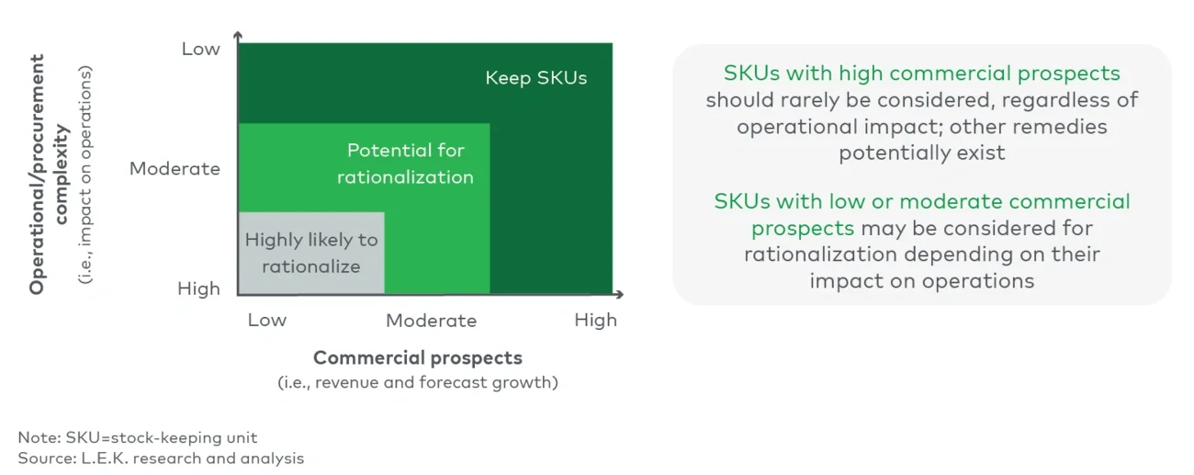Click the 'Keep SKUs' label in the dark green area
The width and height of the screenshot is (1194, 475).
click(535, 78)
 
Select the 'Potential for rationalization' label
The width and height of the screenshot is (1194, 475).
click(405, 164)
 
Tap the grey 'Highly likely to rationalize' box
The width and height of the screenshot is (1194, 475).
click(311, 253)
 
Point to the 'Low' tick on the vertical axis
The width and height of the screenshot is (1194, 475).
click(200, 49)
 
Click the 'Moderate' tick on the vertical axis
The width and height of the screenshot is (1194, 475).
click(175, 169)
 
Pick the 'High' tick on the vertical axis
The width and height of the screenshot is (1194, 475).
click(198, 288)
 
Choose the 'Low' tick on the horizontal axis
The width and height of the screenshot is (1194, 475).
click(266, 320)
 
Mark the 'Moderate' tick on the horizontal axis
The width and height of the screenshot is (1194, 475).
click(431, 321)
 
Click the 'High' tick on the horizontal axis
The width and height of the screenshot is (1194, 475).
click(595, 320)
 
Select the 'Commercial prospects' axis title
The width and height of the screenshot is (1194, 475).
click(418, 358)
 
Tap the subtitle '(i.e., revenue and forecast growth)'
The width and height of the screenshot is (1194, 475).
click(418, 382)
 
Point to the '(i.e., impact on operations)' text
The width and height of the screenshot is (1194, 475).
click(85, 175)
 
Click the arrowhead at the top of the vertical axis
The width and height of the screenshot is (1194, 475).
click(238, 35)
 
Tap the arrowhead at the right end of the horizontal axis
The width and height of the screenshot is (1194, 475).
click(620, 295)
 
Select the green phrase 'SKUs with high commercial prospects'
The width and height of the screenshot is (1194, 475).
click(921, 74)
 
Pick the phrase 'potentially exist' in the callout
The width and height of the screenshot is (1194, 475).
click(921, 153)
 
